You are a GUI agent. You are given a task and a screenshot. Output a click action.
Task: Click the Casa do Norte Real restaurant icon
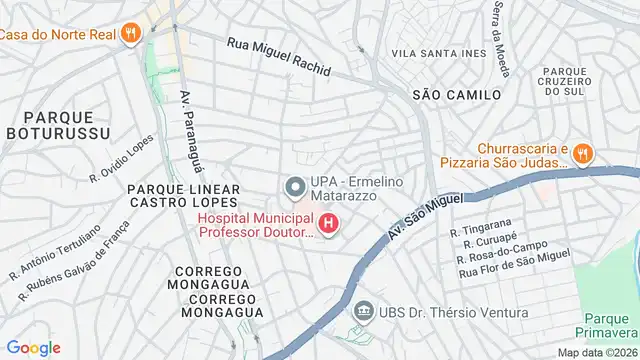(131, 34)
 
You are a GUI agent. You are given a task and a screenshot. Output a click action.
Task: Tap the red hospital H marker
(328, 225)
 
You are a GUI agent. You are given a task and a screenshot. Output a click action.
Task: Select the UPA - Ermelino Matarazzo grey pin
(294, 186)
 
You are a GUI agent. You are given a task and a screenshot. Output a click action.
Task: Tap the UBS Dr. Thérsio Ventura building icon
(362, 313)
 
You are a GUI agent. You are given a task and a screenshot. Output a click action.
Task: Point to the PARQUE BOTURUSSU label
(47, 122)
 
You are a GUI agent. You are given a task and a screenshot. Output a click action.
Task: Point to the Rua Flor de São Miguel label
(513, 272)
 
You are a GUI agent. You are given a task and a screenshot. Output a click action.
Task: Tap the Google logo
(33, 347)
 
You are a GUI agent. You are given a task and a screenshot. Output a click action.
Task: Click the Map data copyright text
(596, 352)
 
